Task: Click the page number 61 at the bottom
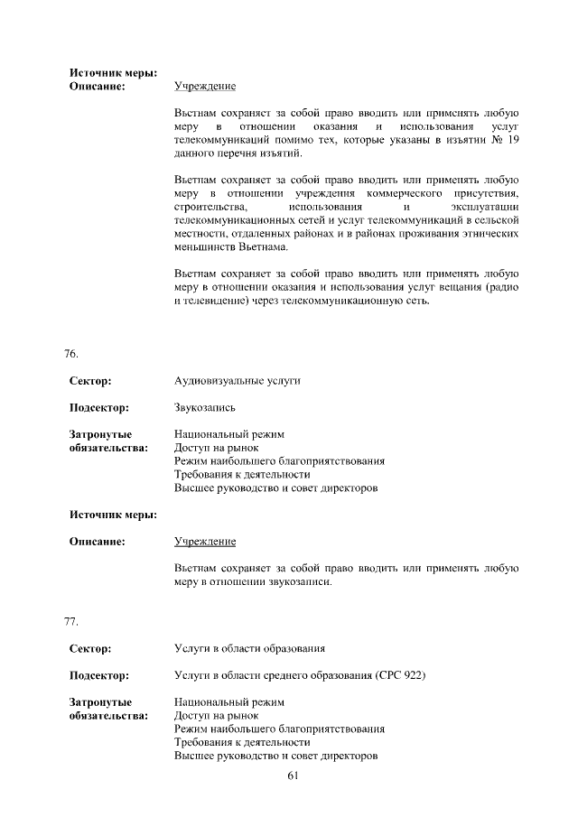pyautogui.click(x=293, y=776)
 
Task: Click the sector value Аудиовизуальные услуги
pyautogui.click(x=237, y=381)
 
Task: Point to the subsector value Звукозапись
pyautogui.click(x=205, y=407)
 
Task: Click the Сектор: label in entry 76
pyautogui.click(x=89, y=381)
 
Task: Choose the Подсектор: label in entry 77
pyautogui.click(x=98, y=674)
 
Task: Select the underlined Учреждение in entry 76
pyautogui.click(x=205, y=541)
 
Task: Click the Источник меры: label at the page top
pyautogui.click(x=113, y=72)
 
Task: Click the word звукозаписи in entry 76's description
pyautogui.click(x=300, y=581)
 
